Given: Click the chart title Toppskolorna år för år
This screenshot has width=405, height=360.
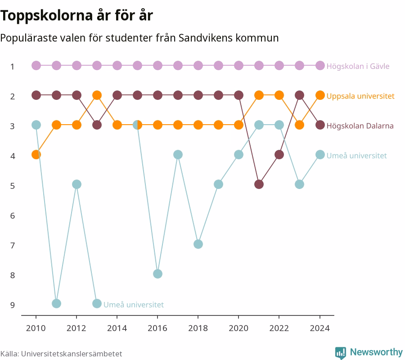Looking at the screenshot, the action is pyautogui.click(x=76, y=15).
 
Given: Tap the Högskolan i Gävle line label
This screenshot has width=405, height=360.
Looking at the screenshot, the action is pyautogui.click(x=358, y=66).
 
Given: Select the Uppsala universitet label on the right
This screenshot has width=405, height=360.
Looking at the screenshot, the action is pyautogui.click(x=360, y=96).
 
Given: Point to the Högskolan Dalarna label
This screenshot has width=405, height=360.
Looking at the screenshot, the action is pyautogui.click(x=360, y=126).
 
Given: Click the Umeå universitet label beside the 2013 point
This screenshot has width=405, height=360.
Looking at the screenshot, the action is pyautogui.click(x=134, y=305).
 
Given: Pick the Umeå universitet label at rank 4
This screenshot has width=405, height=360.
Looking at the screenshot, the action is pyautogui.click(x=356, y=156).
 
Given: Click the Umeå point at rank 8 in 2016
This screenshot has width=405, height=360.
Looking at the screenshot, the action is pyautogui.click(x=157, y=274).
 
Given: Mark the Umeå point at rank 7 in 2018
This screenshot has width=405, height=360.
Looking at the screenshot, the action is pyautogui.click(x=198, y=244).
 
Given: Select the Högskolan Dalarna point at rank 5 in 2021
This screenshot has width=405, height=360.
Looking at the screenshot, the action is pyautogui.click(x=259, y=184).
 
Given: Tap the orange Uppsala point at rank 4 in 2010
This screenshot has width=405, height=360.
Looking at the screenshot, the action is pyautogui.click(x=36, y=155).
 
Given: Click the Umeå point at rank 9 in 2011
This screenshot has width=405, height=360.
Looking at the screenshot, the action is pyautogui.click(x=56, y=303).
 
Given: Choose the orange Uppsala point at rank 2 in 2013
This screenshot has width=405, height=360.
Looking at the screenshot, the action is pyautogui.click(x=97, y=95).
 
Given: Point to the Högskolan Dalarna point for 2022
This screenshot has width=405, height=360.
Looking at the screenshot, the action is pyautogui.click(x=279, y=155).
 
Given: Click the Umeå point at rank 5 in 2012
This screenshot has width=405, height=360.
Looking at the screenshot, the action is pyautogui.click(x=76, y=184).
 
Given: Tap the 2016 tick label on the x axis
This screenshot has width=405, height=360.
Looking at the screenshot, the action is pyautogui.click(x=157, y=328).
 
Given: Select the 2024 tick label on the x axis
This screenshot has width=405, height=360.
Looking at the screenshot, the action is pyautogui.click(x=320, y=328).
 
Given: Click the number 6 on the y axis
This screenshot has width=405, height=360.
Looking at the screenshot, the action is pyautogui.click(x=13, y=216).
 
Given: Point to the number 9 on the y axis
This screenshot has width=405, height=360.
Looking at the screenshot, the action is pyautogui.click(x=13, y=305).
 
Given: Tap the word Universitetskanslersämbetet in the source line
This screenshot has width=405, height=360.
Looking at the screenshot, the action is pyautogui.click(x=72, y=354).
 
